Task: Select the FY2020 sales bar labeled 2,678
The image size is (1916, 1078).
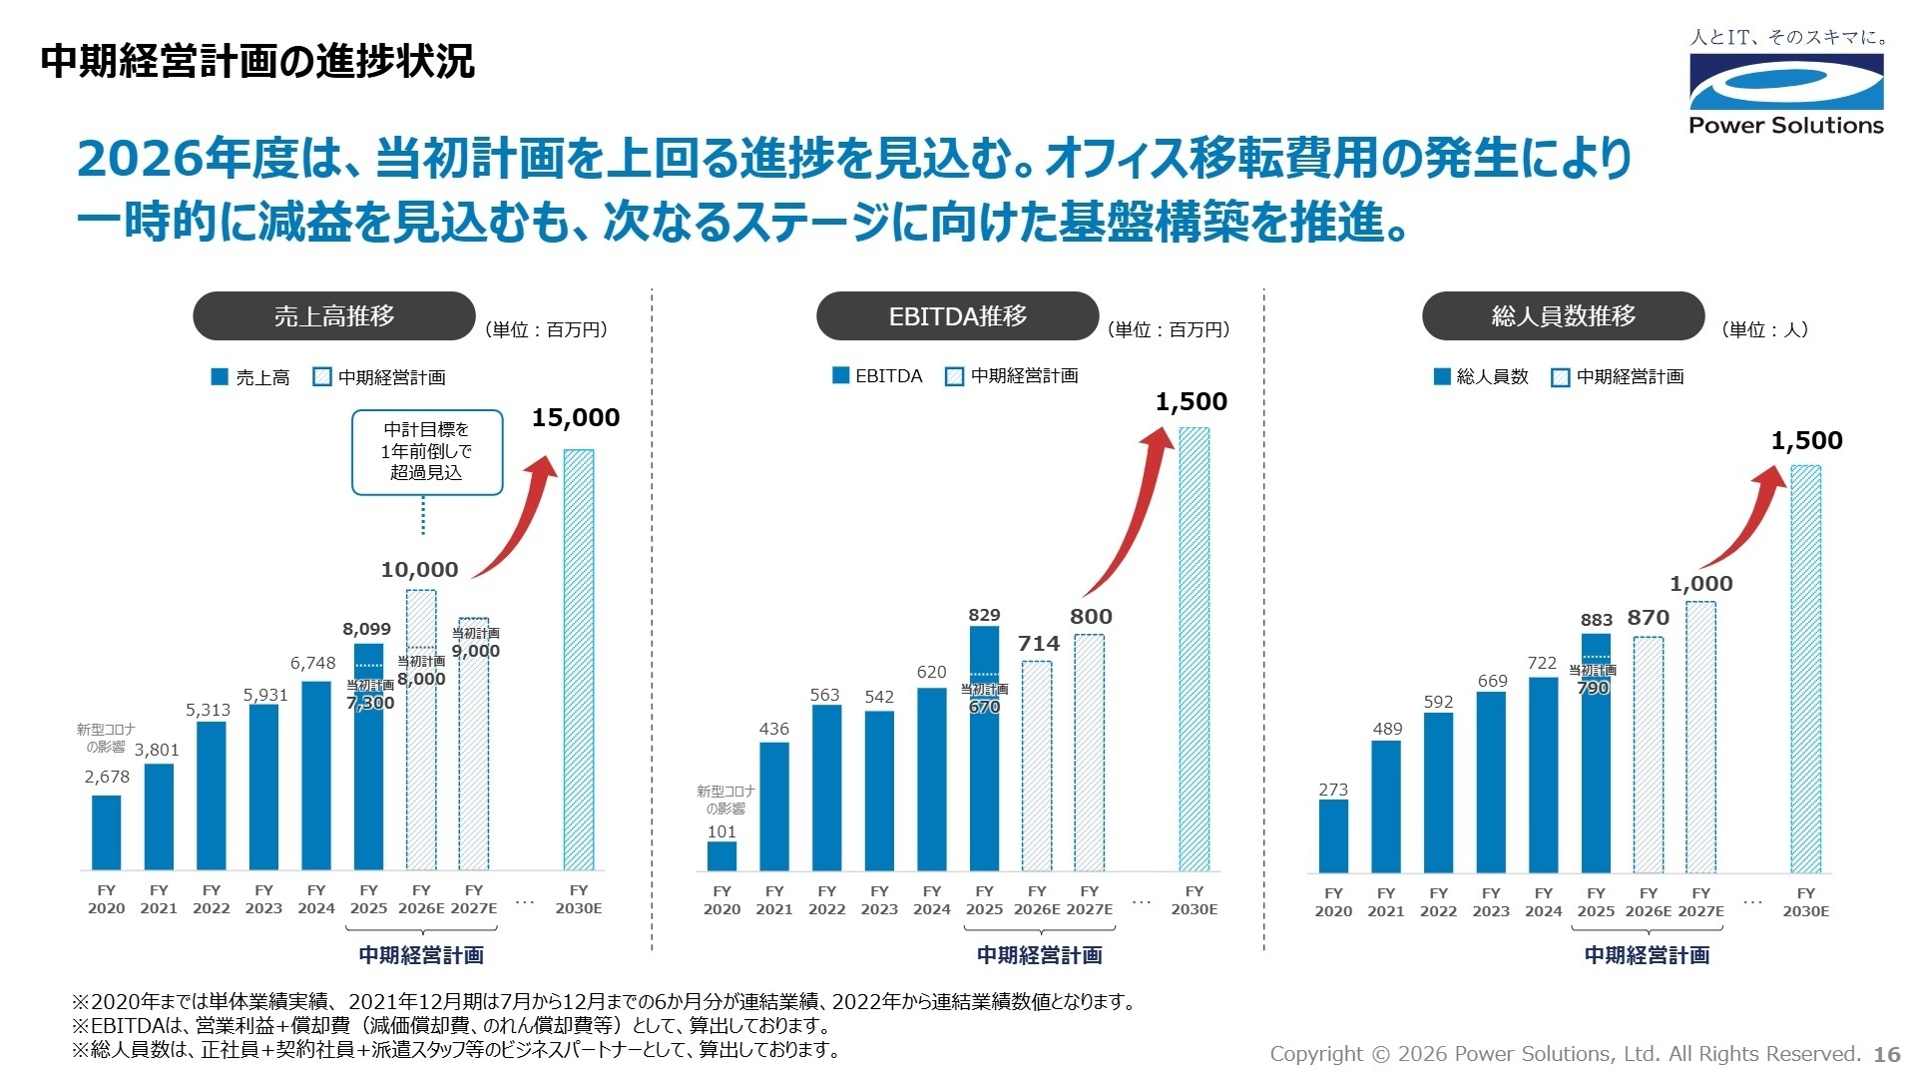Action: click(107, 832)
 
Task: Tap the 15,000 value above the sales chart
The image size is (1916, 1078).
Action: click(576, 418)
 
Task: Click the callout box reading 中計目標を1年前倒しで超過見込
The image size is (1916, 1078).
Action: click(427, 451)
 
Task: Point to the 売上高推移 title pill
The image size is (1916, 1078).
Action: click(334, 316)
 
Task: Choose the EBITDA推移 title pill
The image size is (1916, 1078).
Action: click(957, 316)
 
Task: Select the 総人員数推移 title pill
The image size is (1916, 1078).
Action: click(1563, 316)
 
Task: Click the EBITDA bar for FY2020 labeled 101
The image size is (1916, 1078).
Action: click(721, 856)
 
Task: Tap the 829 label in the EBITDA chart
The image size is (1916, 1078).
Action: click(984, 615)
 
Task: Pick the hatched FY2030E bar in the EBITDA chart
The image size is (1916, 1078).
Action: click(1194, 649)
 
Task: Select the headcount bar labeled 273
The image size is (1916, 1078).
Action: click(1333, 836)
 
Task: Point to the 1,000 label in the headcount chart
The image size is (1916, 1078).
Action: click(1701, 584)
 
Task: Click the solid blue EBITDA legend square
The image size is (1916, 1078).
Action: click(841, 376)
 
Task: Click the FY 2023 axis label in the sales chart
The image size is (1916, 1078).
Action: click(263, 899)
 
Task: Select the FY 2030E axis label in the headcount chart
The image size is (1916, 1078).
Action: click(1805, 902)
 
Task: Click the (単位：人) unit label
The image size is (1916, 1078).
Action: click(1764, 330)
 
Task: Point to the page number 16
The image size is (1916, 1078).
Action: click(1887, 1054)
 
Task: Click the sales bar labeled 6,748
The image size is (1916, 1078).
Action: click(316, 776)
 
